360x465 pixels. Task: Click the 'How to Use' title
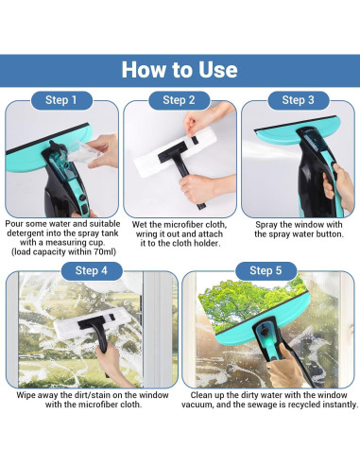click(180, 70)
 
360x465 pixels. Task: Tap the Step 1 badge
click(61, 100)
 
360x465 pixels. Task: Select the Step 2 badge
click(179, 100)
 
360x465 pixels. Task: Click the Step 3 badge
click(299, 100)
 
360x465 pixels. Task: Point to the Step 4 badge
click(92, 270)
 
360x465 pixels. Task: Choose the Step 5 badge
click(266, 270)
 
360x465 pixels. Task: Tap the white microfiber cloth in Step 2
click(176, 153)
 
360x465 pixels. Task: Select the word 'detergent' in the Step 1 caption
click(26, 233)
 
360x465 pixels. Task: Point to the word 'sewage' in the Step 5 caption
click(268, 405)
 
